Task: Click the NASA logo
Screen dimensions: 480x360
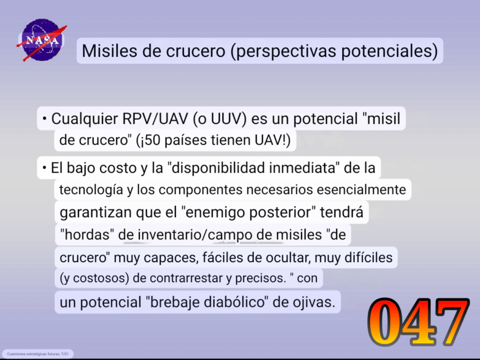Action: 42,40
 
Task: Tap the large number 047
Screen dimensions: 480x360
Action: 419,322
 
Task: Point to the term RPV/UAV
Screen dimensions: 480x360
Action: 155,119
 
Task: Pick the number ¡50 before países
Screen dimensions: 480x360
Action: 149,140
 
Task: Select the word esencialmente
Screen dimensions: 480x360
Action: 361,189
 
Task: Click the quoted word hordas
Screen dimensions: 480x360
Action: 87,235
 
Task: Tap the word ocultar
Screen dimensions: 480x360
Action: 288,257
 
